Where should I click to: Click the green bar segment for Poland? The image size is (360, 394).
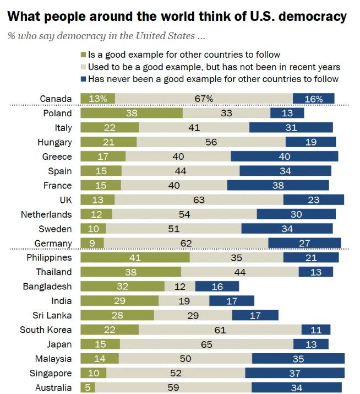tap(131, 113)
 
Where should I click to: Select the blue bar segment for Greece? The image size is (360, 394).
tap(284, 156)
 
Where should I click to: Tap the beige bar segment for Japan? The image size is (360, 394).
tap(206, 344)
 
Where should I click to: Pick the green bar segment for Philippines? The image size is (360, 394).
tap(135, 257)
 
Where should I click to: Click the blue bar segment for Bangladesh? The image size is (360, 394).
tap(217, 286)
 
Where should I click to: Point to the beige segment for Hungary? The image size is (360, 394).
tap(211, 142)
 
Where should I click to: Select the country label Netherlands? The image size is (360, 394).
tap(46, 214)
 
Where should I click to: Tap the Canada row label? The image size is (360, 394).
tap(56, 99)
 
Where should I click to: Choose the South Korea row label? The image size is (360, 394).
tap(46, 330)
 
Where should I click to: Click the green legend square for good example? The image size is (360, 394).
tap(84, 55)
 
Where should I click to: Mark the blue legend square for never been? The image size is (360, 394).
tap(84, 79)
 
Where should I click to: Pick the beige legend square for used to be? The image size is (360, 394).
tap(84, 67)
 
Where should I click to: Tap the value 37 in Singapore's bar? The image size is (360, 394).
tap(294, 373)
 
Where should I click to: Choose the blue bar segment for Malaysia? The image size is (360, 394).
tap(298, 359)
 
